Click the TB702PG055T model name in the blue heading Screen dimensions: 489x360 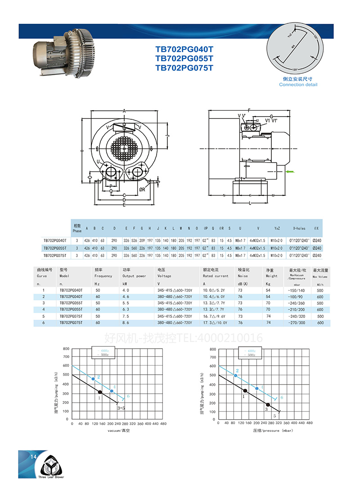tap(184, 59)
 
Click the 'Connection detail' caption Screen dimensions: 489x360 tap(298, 85)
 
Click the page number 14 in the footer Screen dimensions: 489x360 tap(33, 457)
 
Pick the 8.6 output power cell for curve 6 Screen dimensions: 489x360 tap(127, 323)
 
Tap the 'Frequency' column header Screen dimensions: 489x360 tap(103, 276)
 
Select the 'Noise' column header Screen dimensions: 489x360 tap(243, 276)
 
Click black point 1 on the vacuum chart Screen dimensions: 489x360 tap(100, 392)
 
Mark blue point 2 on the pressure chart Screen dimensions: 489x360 tap(235, 375)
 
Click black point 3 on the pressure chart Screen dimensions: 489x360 tap(268, 405)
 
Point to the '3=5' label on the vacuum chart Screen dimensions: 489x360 tap(121, 408)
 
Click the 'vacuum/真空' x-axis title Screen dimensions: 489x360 tap(118, 431)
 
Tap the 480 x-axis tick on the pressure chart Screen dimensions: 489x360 tap(309, 424)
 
